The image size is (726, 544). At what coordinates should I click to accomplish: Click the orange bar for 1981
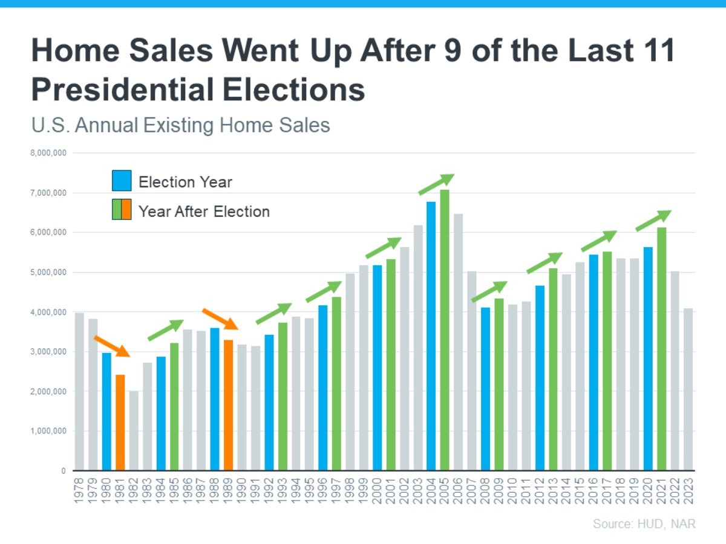tap(120, 423)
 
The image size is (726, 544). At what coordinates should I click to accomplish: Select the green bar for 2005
tap(445, 330)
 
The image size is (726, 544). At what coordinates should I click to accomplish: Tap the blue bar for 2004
tap(431, 336)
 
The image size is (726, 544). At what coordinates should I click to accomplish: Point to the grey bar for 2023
tap(688, 389)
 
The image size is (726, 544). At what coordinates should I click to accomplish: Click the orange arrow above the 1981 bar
tap(111, 346)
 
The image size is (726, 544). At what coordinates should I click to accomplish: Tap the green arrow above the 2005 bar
tap(436, 184)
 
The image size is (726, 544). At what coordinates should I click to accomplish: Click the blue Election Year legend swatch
tap(122, 181)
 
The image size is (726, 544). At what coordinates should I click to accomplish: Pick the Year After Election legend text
tap(204, 212)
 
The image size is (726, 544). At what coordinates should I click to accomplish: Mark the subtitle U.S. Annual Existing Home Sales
tap(180, 125)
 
